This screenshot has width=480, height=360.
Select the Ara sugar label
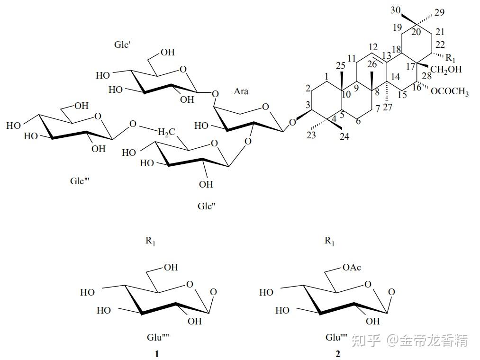coord(241,91)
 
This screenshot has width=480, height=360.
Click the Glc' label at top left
coord(122,45)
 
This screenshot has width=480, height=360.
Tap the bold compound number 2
coord(338,354)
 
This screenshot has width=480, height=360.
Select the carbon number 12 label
coord(372,48)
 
